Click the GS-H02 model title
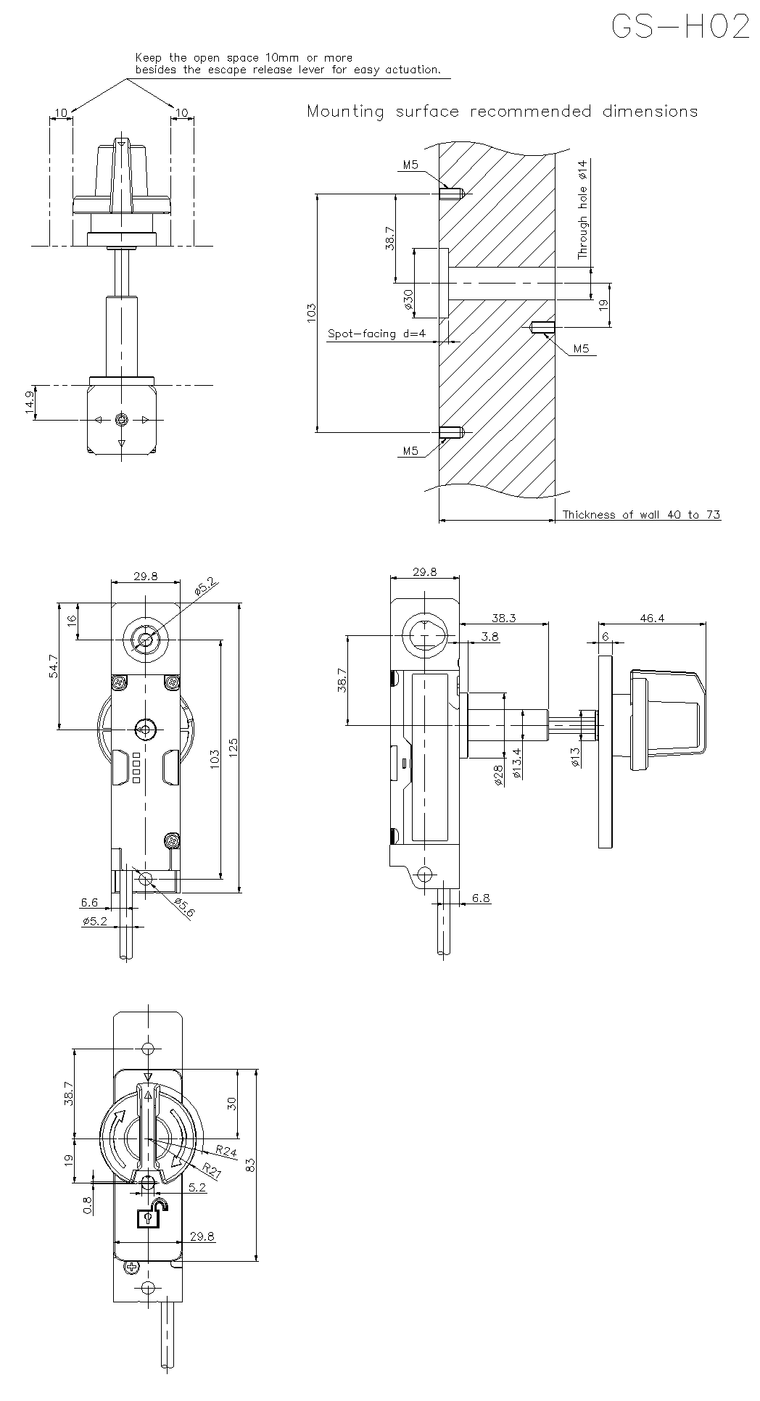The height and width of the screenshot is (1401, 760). tap(680, 28)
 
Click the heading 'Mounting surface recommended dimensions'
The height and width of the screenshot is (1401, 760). tap(502, 112)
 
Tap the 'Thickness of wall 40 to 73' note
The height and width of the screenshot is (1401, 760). tap(641, 515)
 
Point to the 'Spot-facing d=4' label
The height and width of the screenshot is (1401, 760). tap(376, 334)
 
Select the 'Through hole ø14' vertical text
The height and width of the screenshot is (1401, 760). tap(582, 210)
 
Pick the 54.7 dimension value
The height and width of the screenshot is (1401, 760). tap(54, 666)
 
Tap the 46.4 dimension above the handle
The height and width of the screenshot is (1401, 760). tap(651, 618)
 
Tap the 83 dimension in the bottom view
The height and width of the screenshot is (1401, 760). tap(251, 1165)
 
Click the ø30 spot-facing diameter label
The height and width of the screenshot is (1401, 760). tap(409, 299)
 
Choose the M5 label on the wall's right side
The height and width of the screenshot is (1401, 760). tap(581, 349)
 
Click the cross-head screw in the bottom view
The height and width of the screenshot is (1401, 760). tap(131, 1266)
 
